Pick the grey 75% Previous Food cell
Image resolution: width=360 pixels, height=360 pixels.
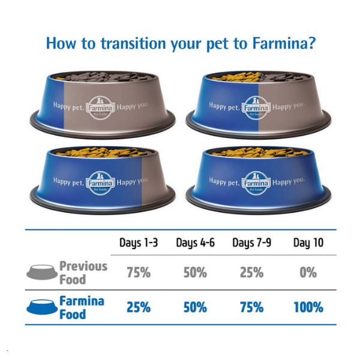pos(139,272)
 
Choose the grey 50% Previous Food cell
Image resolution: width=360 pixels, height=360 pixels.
pos(195,272)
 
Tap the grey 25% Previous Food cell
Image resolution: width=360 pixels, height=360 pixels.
pos(251,272)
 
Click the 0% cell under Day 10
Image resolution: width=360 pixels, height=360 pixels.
pos(308,272)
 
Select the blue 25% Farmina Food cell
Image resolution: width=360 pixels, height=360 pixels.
pos(139,307)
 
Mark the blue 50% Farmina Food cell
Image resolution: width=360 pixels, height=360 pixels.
pos(195,307)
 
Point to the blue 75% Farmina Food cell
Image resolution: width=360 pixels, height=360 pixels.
pos(251,307)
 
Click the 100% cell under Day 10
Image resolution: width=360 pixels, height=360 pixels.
pos(308,307)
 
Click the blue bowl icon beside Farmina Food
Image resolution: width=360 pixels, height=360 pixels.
pos(42,307)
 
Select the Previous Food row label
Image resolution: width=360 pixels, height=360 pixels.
pos(83,272)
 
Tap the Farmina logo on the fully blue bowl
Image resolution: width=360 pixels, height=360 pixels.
pos(256,181)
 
